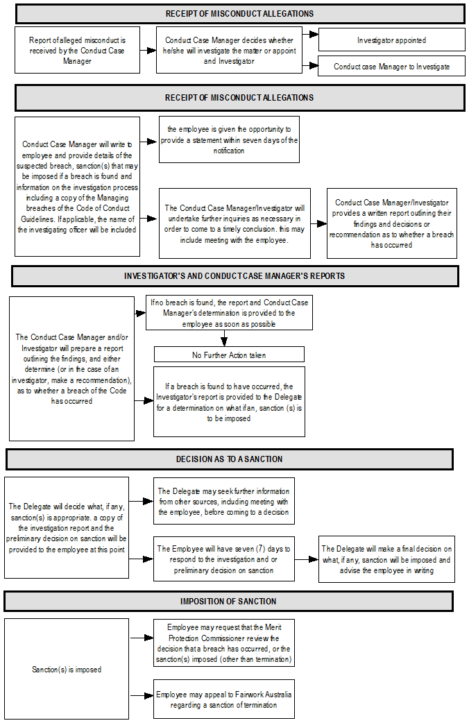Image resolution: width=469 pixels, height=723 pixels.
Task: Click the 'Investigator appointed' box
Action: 391,40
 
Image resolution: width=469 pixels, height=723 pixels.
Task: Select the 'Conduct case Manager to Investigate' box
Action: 391,67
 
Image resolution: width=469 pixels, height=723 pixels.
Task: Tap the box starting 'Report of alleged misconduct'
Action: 77,51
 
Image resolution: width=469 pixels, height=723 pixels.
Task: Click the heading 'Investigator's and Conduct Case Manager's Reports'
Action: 235,275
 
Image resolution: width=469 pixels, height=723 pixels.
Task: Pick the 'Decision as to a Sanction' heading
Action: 229,459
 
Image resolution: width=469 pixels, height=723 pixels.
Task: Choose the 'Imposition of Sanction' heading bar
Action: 228,601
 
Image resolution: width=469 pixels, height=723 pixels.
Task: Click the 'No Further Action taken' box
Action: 228,355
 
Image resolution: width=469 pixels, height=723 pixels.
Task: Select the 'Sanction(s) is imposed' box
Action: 67,670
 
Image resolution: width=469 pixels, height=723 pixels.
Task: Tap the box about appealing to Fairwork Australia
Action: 224,699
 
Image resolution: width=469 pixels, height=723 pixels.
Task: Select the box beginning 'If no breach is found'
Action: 228,313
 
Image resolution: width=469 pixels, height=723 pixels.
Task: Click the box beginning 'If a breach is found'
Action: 229,402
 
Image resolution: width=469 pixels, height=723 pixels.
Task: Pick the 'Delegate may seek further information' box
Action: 224,502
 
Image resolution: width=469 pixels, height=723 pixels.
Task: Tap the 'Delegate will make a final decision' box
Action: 386,559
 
